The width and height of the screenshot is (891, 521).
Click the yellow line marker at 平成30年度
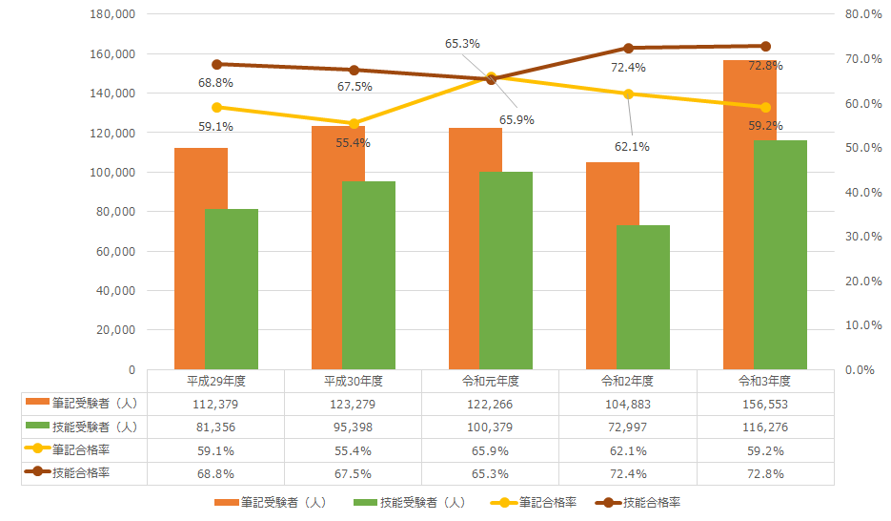click(x=354, y=123)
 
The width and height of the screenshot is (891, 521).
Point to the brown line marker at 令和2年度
click(x=628, y=48)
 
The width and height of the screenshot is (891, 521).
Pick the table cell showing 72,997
click(x=627, y=427)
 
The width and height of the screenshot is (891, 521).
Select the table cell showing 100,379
click(x=490, y=427)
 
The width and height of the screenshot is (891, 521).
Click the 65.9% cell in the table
click(x=490, y=450)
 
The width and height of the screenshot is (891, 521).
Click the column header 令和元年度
click(x=490, y=380)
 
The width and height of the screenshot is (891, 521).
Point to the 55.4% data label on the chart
click(x=354, y=143)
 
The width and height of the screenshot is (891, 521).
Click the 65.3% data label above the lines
click(x=462, y=44)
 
